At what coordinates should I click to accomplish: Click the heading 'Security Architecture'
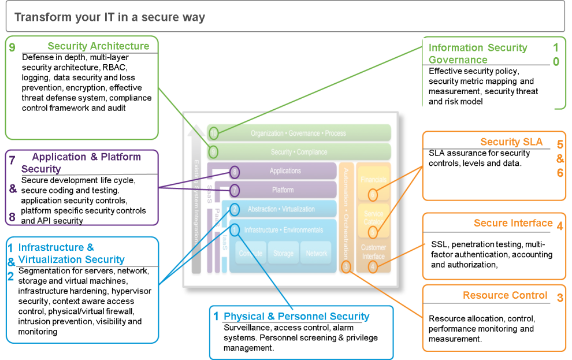98,46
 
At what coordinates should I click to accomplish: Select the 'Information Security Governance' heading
478,54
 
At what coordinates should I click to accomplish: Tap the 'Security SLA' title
511,142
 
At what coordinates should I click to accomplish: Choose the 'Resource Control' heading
505,295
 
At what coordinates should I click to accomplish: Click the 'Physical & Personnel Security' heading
296,316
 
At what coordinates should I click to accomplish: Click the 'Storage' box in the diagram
283,253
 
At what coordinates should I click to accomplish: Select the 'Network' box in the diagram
317,253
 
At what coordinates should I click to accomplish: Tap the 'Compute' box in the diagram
250,253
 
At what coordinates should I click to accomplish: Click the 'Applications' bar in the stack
285,171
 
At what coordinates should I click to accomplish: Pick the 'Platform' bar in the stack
283,190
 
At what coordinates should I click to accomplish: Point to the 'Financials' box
373,180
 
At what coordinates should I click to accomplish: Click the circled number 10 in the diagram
214,133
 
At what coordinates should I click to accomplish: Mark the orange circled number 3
346,266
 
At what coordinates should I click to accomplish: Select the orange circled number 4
373,266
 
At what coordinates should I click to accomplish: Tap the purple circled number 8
235,172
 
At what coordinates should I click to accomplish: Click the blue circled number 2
235,209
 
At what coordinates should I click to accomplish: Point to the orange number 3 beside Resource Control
560,298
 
